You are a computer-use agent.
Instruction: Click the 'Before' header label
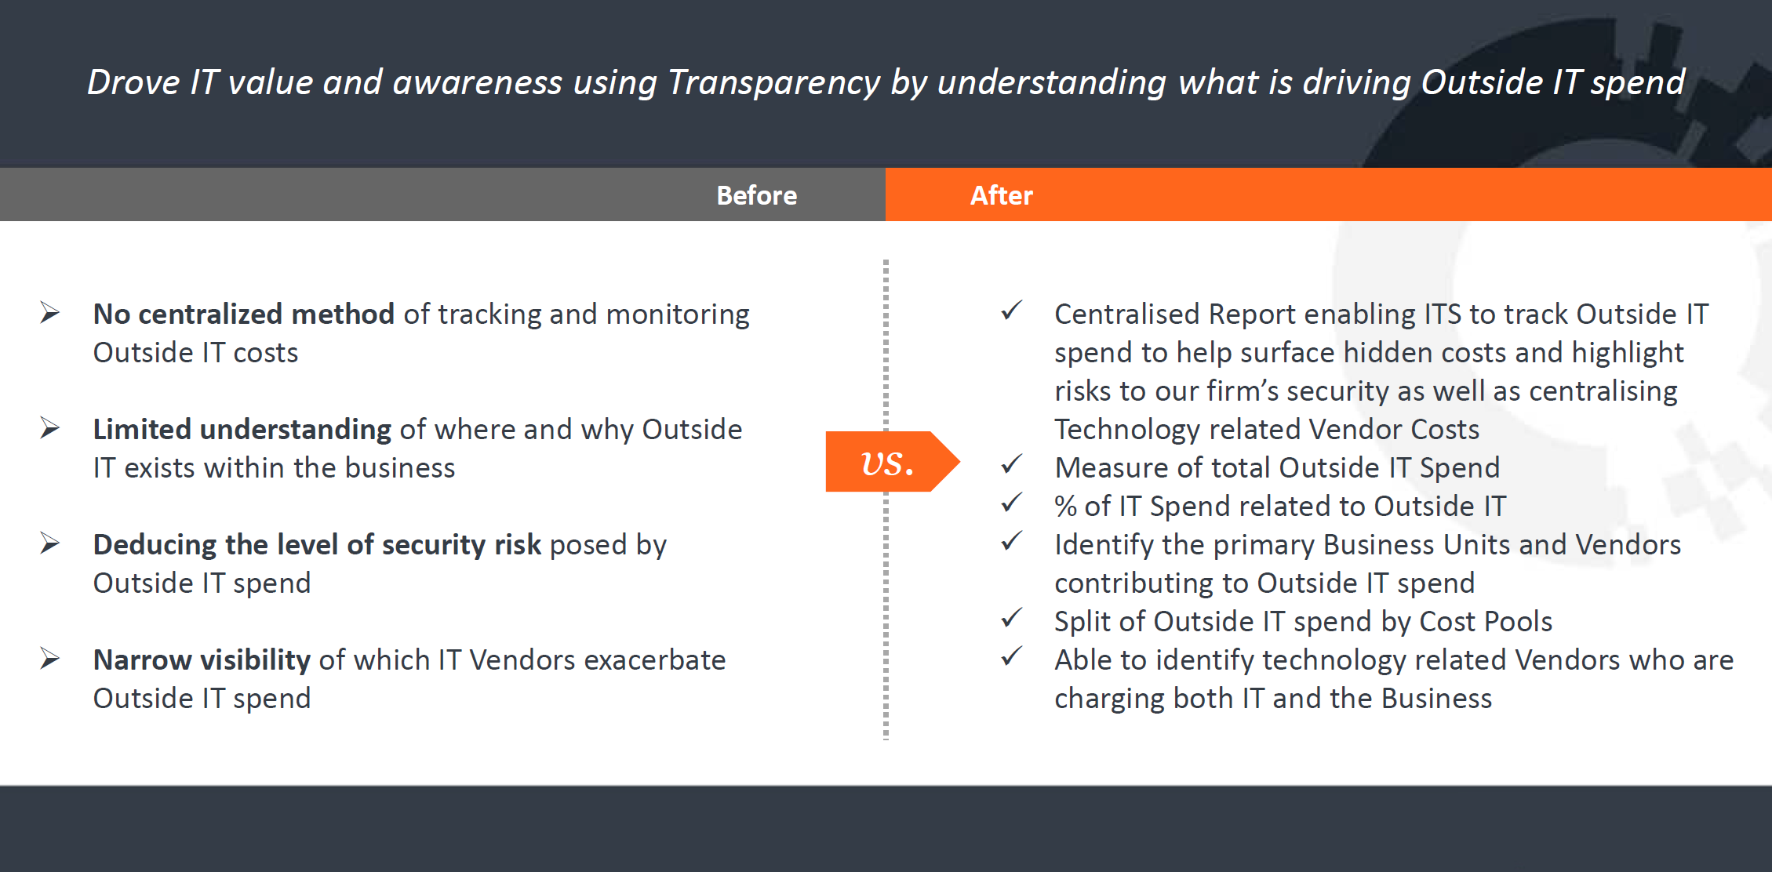pyautogui.click(x=756, y=195)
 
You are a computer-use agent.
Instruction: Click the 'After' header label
pyautogui.click(x=1001, y=195)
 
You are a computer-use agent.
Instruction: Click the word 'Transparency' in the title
pyautogui.click(x=773, y=83)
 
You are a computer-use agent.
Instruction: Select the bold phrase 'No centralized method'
pyautogui.click(x=243, y=314)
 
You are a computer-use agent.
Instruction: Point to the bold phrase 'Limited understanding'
pyautogui.click(x=242, y=430)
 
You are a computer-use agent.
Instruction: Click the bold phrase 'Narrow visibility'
pyautogui.click(x=202, y=660)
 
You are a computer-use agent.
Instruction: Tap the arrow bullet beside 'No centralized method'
pyautogui.click(x=50, y=313)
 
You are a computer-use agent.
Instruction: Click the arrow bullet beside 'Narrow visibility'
pyautogui.click(x=50, y=659)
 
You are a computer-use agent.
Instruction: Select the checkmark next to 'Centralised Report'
pyautogui.click(x=1012, y=311)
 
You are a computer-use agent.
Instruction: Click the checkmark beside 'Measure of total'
pyautogui.click(x=1012, y=464)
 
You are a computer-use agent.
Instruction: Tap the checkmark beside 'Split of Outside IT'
pyautogui.click(x=1012, y=618)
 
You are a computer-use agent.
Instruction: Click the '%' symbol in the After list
pyautogui.click(x=1065, y=507)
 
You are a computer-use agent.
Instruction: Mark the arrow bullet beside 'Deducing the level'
pyautogui.click(x=50, y=543)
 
